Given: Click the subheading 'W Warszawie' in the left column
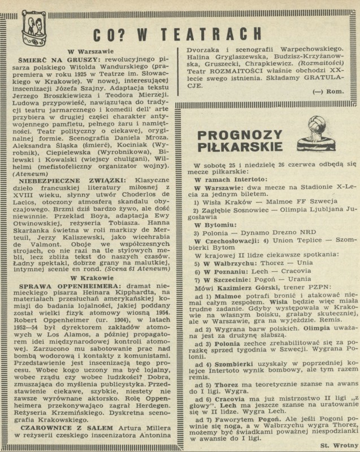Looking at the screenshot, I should tap(89, 51).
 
